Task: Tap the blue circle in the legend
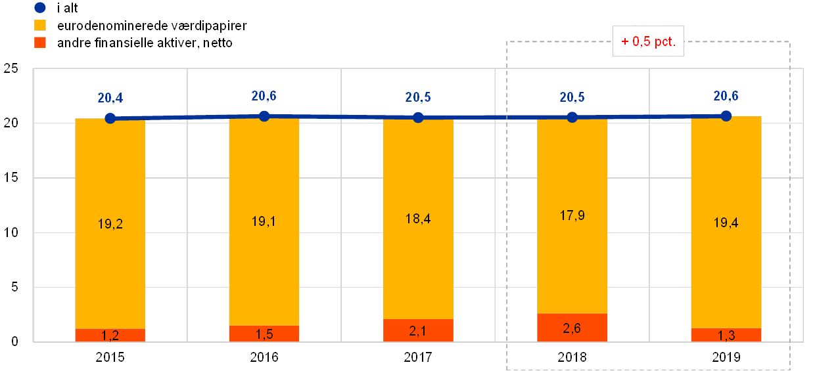click(41, 9)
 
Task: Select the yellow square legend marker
click(41, 26)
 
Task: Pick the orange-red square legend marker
click(41, 43)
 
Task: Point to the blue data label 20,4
click(110, 98)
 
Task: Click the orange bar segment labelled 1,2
click(110, 335)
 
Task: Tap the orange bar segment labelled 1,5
click(264, 334)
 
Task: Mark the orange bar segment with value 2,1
click(418, 330)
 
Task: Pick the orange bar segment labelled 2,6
click(572, 328)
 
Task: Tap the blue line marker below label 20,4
click(110, 118)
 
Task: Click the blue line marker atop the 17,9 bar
click(572, 118)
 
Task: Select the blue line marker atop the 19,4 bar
click(726, 116)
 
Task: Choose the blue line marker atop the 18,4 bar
click(418, 118)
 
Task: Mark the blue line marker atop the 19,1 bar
click(264, 116)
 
